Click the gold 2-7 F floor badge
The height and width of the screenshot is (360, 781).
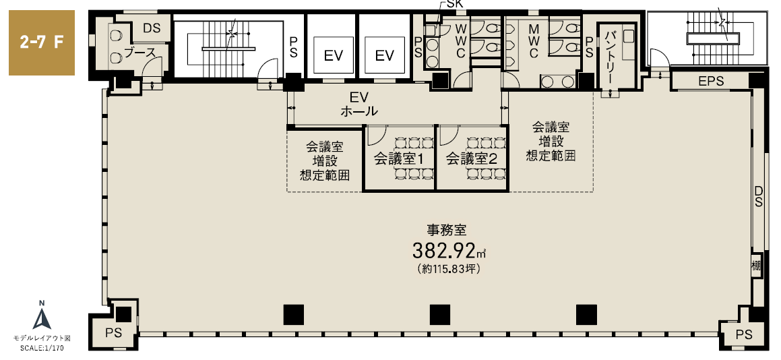42,43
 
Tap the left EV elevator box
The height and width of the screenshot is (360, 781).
333,55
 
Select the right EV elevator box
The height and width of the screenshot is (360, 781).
385,55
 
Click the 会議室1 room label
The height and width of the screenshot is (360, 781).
398,159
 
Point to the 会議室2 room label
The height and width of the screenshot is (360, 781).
471,159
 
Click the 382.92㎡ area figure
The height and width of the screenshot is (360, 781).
448,251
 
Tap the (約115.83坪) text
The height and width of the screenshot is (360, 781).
448,269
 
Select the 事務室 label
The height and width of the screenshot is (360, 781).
446,230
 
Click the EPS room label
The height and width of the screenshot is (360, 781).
711,82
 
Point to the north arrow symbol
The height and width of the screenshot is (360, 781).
42,316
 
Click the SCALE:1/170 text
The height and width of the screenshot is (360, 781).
42,348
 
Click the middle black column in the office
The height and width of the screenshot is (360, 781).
440,315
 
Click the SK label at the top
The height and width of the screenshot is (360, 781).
454,5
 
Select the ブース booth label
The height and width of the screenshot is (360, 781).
140,53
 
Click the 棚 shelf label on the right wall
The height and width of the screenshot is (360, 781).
756,266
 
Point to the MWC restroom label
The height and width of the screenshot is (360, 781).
534,39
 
